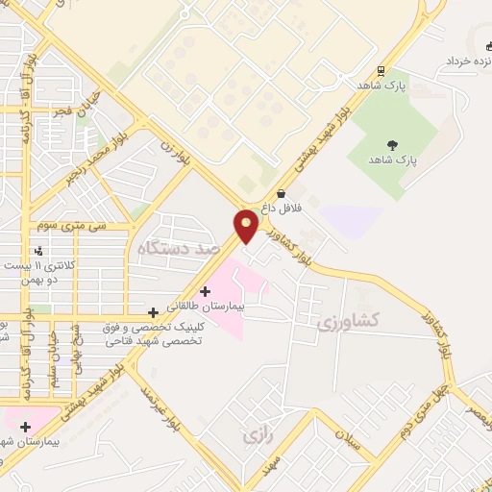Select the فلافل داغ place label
pos(283,208)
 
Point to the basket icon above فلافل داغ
pos(281,193)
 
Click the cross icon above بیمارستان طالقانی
pos(205,291)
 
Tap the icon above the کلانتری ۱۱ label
pos(38,252)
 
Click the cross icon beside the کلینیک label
pos(154,312)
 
